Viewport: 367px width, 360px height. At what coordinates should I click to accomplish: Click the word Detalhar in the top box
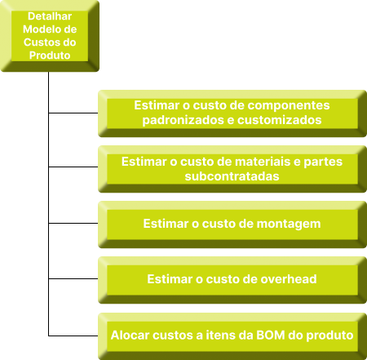tap(50, 16)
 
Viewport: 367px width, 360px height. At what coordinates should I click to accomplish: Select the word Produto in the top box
tap(50, 56)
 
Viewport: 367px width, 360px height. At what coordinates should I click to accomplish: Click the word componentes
tap(289, 106)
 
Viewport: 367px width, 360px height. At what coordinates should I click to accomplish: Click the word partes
tap(323, 162)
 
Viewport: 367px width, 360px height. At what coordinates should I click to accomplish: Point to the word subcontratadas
tap(232, 176)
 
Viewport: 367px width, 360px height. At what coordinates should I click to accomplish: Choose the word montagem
tap(289, 224)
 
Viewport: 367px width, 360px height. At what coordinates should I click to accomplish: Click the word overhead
tap(289, 279)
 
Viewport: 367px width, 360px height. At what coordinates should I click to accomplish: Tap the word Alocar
tap(130, 335)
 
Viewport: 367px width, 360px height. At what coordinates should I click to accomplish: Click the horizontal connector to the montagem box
tap(73, 223)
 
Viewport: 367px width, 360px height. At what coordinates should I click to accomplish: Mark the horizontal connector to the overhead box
tap(73, 278)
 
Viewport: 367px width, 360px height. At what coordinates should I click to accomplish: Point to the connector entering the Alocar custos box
tap(73, 336)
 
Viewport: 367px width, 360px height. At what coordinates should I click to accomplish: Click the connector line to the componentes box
tap(73, 113)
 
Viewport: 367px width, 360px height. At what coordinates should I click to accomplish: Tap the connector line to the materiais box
tap(73, 167)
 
